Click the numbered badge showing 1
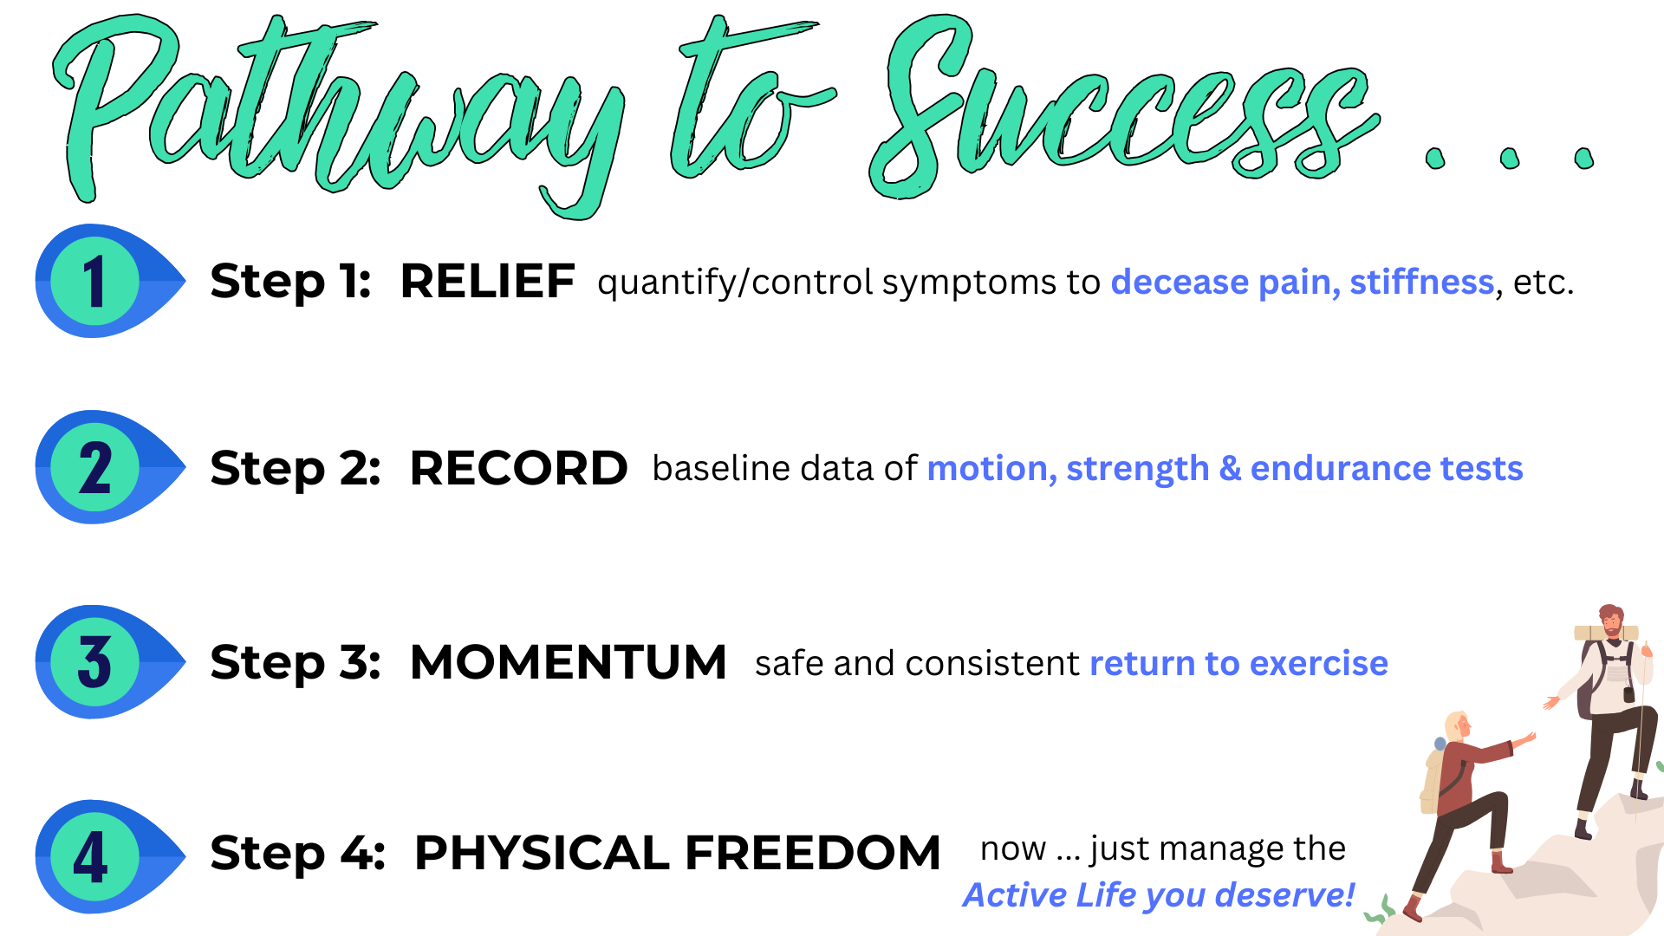pyautogui.click(x=94, y=281)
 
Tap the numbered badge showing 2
pyautogui.click(x=94, y=467)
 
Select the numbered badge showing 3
pyautogui.click(x=94, y=662)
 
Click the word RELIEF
pyautogui.click(x=487, y=282)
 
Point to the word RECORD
pyautogui.click(x=518, y=468)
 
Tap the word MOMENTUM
pyautogui.click(x=568, y=663)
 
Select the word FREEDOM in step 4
pyautogui.click(x=812, y=853)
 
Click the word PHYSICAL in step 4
pyautogui.click(x=542, y=853)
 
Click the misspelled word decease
pyautogui.click(x=1180, y=283)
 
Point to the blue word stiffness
pyautogui.click(x=1421, y=283)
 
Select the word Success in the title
pyautogui.click(x=1118, y=113)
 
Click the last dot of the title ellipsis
pyautogui.click(x=1584, y=159)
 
